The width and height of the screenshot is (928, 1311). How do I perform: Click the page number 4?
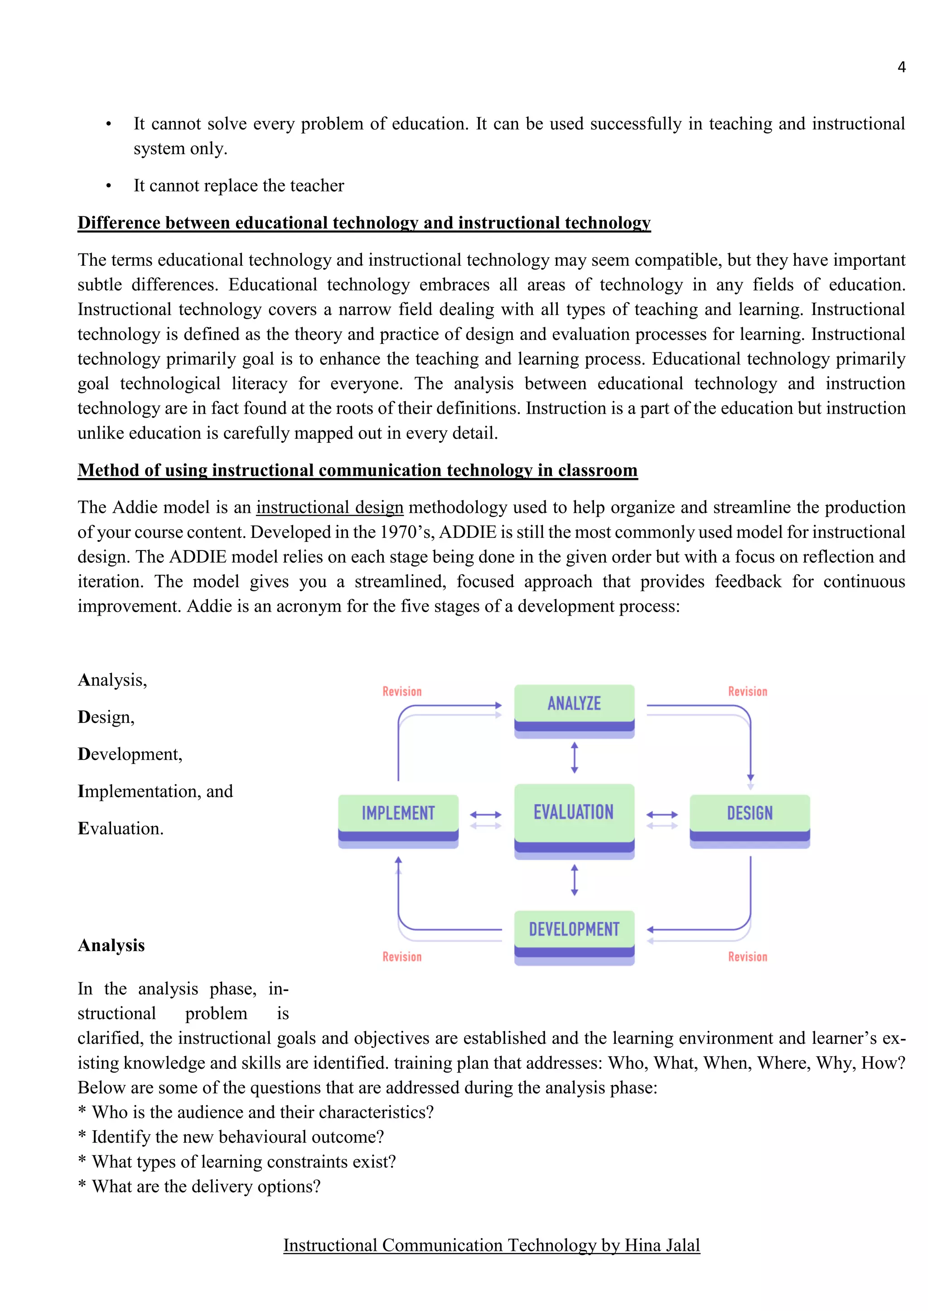click(x=901, y=67)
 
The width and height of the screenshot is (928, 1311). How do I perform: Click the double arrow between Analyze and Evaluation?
click(x=574, y=758)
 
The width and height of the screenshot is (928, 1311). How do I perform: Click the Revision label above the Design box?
click(x=747, y=691)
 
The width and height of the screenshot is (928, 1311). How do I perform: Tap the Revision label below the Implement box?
click(x=402, y=957)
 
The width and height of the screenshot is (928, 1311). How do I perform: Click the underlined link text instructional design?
click(x=330, y=507)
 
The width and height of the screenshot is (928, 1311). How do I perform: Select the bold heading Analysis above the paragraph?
click(x=111, y=946)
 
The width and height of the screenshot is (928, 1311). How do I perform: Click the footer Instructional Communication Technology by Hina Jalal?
click(x=492, y=1245)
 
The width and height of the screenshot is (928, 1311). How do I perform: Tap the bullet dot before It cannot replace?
click(x=109, y=187)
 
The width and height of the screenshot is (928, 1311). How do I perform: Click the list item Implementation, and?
click(x=155, y=791)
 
